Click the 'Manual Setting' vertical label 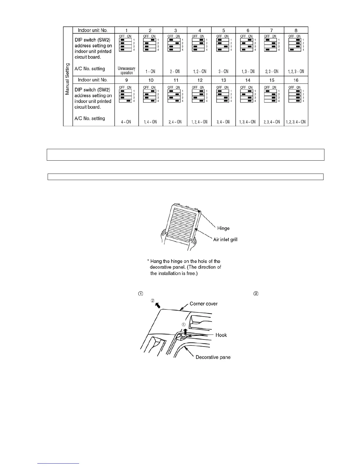click(67, 79)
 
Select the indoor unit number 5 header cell click(224, 30)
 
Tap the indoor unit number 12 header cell click(200, 80)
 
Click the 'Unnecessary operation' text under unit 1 click(126, 71)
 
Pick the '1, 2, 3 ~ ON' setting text click(296, 71)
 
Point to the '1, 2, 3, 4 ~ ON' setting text click(296, 122)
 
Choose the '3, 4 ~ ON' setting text click(224, 122)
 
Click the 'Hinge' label click(223, 228)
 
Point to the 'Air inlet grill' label click(225, 239)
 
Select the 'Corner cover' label click(204, 304)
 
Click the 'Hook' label click(221, 335)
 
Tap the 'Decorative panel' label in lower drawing click(213, 357)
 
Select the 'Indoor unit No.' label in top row click(93, 30)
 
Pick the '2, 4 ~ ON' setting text click(175, 122)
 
